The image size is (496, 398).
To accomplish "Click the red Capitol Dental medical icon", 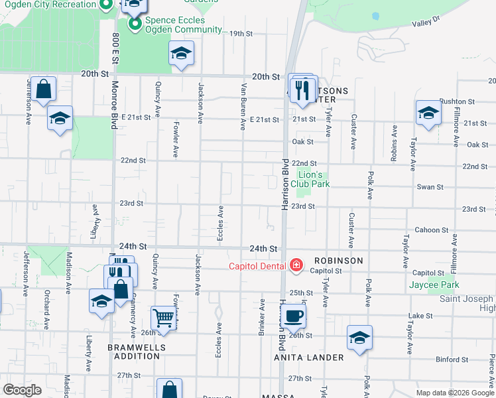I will tap(296, 266).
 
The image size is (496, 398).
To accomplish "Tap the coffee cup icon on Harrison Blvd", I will tap(294, 315).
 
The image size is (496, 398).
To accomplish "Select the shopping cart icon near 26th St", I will tap(162, 318).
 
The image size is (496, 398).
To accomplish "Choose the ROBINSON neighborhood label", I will tap(338, 261).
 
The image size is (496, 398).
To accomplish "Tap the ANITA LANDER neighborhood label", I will tap(309, 358).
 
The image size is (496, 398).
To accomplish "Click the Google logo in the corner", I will tap(23, 390).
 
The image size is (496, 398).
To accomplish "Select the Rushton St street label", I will tap(457, 101).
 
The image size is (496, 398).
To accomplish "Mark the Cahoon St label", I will tap(431, 230).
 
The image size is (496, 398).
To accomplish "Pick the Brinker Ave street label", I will tap(263, 316).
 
